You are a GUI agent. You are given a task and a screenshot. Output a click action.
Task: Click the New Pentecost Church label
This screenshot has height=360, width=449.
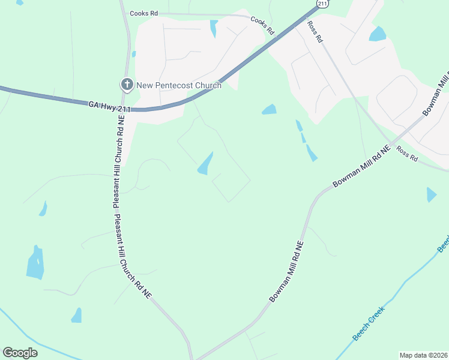179,85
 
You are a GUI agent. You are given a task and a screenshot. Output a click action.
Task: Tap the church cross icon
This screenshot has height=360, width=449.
127,85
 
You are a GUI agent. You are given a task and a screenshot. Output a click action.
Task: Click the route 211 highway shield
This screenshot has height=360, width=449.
322,4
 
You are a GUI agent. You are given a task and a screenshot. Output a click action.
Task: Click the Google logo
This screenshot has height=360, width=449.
20,353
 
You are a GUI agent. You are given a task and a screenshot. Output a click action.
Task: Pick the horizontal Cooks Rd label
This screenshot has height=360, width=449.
143,13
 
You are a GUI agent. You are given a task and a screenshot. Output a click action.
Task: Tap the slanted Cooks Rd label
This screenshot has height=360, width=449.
262,25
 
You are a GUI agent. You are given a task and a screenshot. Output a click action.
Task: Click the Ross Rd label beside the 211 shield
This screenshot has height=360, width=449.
315,31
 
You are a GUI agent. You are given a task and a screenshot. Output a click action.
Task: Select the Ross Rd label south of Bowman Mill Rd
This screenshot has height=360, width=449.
406,154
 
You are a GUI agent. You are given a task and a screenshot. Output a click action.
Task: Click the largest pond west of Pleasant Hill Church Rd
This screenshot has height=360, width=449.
35,264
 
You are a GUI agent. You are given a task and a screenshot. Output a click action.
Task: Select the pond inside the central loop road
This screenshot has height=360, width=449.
205,163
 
